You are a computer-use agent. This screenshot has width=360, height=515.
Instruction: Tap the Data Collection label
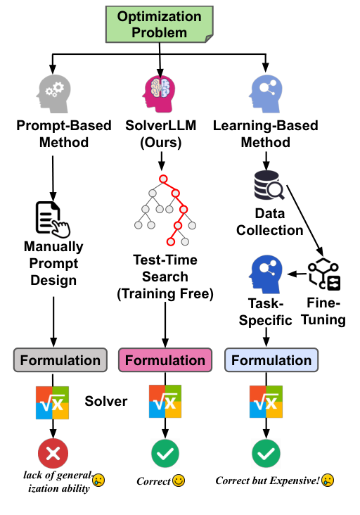(x=270, y=222)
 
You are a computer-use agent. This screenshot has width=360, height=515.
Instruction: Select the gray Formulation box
(x=60, y=361)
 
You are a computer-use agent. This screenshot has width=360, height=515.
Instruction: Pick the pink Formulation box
(x=165, y=361)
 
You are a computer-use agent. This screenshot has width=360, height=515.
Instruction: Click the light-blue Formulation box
(x=271, y=361)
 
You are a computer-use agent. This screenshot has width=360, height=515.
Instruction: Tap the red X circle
(x=53, y=454)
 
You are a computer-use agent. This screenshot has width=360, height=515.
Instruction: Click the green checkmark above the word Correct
(x=165, y=454)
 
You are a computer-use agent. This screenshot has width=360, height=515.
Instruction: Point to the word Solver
(x=105, y=401)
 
